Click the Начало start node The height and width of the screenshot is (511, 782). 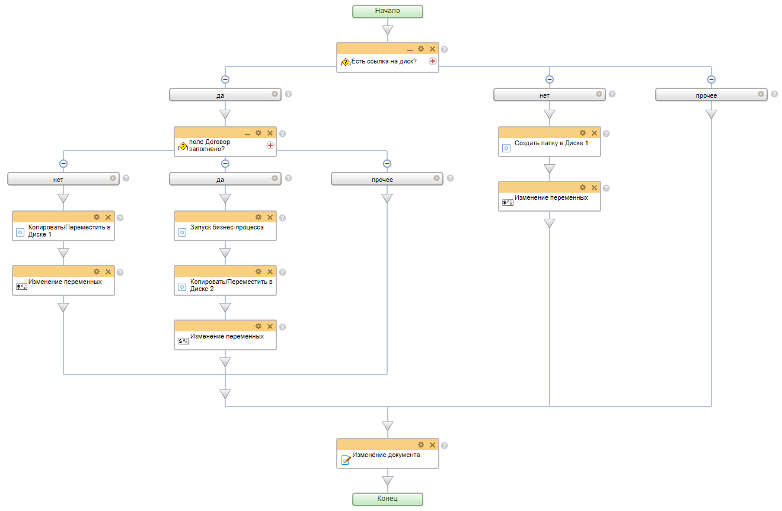tap(387, 11)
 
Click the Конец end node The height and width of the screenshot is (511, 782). tap(387, 499)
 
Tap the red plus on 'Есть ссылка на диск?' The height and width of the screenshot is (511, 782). tap(433, 61)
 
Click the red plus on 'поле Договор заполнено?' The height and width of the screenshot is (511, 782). tap(270, 145)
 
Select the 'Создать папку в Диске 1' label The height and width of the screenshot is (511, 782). tap(551, 143)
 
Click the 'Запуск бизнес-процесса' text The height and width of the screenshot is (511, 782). tap(227, 227)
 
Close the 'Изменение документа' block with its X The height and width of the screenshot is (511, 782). tap(432, 445)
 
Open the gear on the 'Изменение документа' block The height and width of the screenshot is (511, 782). tap(421, 445)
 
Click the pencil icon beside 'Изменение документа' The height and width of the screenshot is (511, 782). tap(346, 459)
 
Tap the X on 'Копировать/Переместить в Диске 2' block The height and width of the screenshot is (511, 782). tap(270, 272)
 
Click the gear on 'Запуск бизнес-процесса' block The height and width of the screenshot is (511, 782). tap(258, 217)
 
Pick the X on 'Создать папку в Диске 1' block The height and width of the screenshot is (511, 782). tap(594, 133)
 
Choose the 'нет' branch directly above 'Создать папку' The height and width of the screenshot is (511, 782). tap(544, 95)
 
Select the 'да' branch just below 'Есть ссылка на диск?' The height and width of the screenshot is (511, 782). tap(220, 95)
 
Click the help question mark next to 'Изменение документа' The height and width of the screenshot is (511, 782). tap(444, 445)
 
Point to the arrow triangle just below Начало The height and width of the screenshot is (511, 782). tap(387, 30)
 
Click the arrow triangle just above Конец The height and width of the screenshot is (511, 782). tap(387, 481)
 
